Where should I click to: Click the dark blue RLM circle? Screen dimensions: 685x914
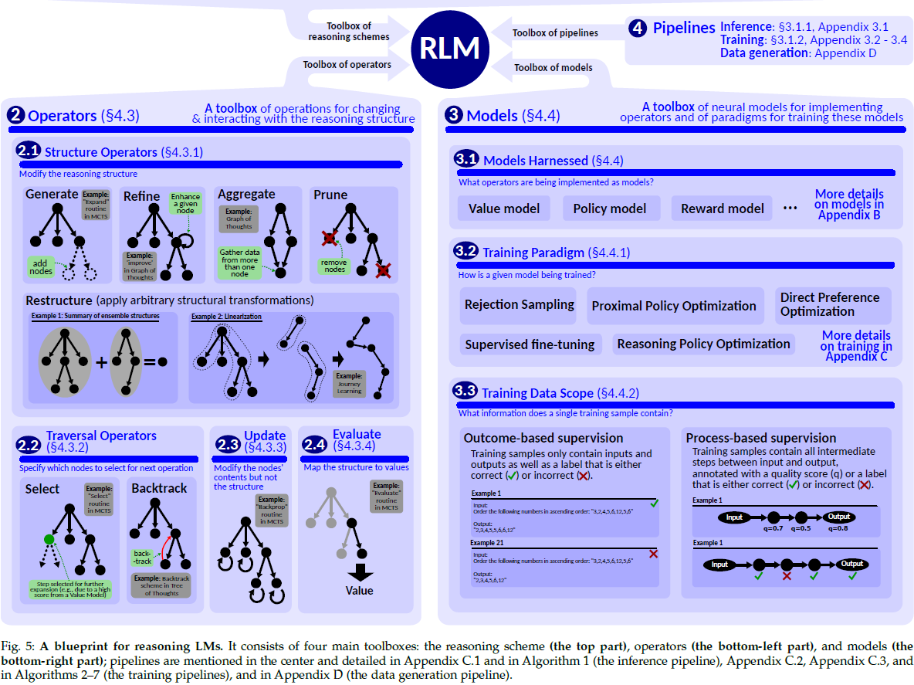pos(449,49)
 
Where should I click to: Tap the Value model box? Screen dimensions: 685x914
pos(503,209)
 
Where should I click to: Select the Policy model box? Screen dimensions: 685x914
pos(609,209)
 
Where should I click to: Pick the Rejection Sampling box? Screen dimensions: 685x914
pos(519,304)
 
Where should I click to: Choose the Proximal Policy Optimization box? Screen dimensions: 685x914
pos(674,306)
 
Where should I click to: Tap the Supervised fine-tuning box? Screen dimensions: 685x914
pos(530,344)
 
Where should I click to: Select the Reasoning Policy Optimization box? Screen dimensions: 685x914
pos(703,344)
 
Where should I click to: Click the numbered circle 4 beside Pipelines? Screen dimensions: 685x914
pos(638,29)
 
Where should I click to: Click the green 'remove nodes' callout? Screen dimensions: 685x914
pos(333,266)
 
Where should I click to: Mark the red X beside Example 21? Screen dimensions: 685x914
pos(653,554)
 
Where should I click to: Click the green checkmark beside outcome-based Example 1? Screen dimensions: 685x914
pos(654,503)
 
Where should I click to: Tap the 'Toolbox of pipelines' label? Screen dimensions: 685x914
pos(555,32)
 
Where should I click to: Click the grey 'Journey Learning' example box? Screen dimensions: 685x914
pos(349,384)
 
